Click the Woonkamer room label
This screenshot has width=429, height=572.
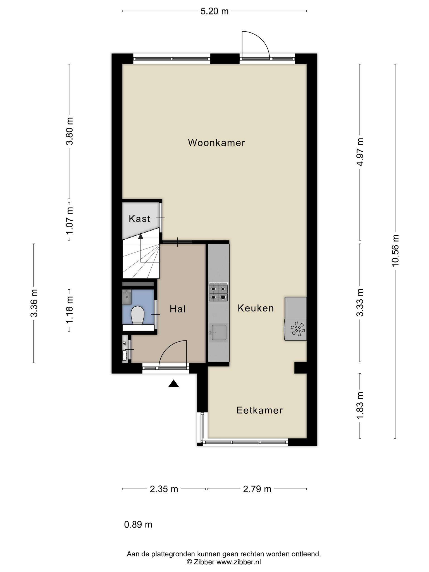pos(216,143)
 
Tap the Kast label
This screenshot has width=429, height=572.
pos(139,219)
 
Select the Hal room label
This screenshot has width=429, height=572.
pos(178,309)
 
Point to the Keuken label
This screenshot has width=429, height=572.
pos(256,308)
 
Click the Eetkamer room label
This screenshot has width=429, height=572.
pos(259,410)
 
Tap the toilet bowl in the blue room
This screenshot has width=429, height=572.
pos(137,315)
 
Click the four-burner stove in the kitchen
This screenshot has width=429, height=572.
pos(218,293)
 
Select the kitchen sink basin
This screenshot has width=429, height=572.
pos(219,332)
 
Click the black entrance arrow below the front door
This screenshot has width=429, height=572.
pos(173,384)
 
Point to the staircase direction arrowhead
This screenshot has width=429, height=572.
pos(140,236)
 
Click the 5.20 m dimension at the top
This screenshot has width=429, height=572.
pos(214,11)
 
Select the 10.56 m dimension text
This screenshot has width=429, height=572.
pos(395,251)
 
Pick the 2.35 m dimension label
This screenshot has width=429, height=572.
pos(164,489)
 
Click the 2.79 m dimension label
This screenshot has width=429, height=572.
pos(257,489)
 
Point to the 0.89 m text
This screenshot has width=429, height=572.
pos(138,525)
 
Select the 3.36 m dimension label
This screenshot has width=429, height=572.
pos(34,303)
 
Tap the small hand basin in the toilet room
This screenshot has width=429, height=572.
pos(127,297)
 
